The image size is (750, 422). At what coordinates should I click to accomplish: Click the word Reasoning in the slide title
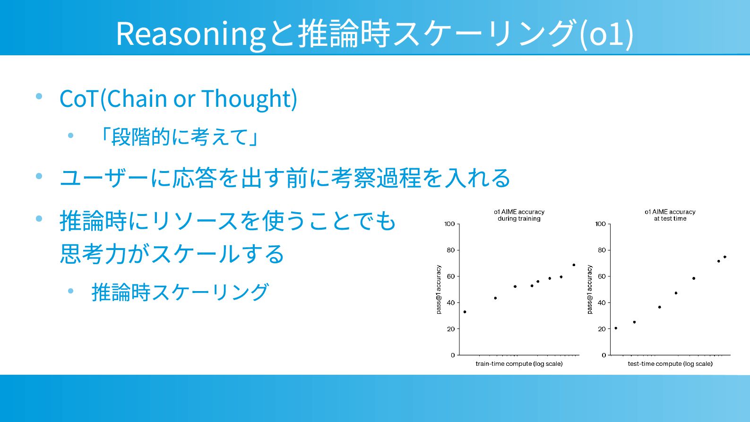191,34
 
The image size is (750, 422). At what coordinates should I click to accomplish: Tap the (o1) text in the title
606,34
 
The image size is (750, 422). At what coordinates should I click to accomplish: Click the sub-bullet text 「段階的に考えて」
179,137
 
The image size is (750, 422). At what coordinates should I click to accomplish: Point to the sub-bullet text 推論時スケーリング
180,292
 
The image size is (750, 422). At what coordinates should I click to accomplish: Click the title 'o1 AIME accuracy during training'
519,215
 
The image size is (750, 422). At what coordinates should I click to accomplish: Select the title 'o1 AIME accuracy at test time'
670,215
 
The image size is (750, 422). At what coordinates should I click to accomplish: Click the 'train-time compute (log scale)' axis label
519,364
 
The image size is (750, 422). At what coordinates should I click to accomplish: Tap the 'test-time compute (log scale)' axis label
670,364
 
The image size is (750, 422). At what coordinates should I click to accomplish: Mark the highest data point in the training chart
574,265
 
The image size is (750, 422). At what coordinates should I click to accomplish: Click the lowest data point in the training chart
465,312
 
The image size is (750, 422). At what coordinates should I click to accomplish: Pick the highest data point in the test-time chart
725,257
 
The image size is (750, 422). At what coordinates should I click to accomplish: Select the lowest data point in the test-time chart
616,328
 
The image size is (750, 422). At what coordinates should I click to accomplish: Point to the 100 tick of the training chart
449,224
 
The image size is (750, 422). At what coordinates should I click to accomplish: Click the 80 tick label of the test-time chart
602,250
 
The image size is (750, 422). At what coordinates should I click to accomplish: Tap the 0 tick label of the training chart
453,355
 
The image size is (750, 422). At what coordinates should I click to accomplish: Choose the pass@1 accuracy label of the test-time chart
590,289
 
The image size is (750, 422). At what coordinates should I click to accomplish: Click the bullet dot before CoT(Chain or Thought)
39,96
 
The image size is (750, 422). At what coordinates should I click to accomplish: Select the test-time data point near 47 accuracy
676,293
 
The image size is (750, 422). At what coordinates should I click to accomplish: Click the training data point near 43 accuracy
495,298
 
